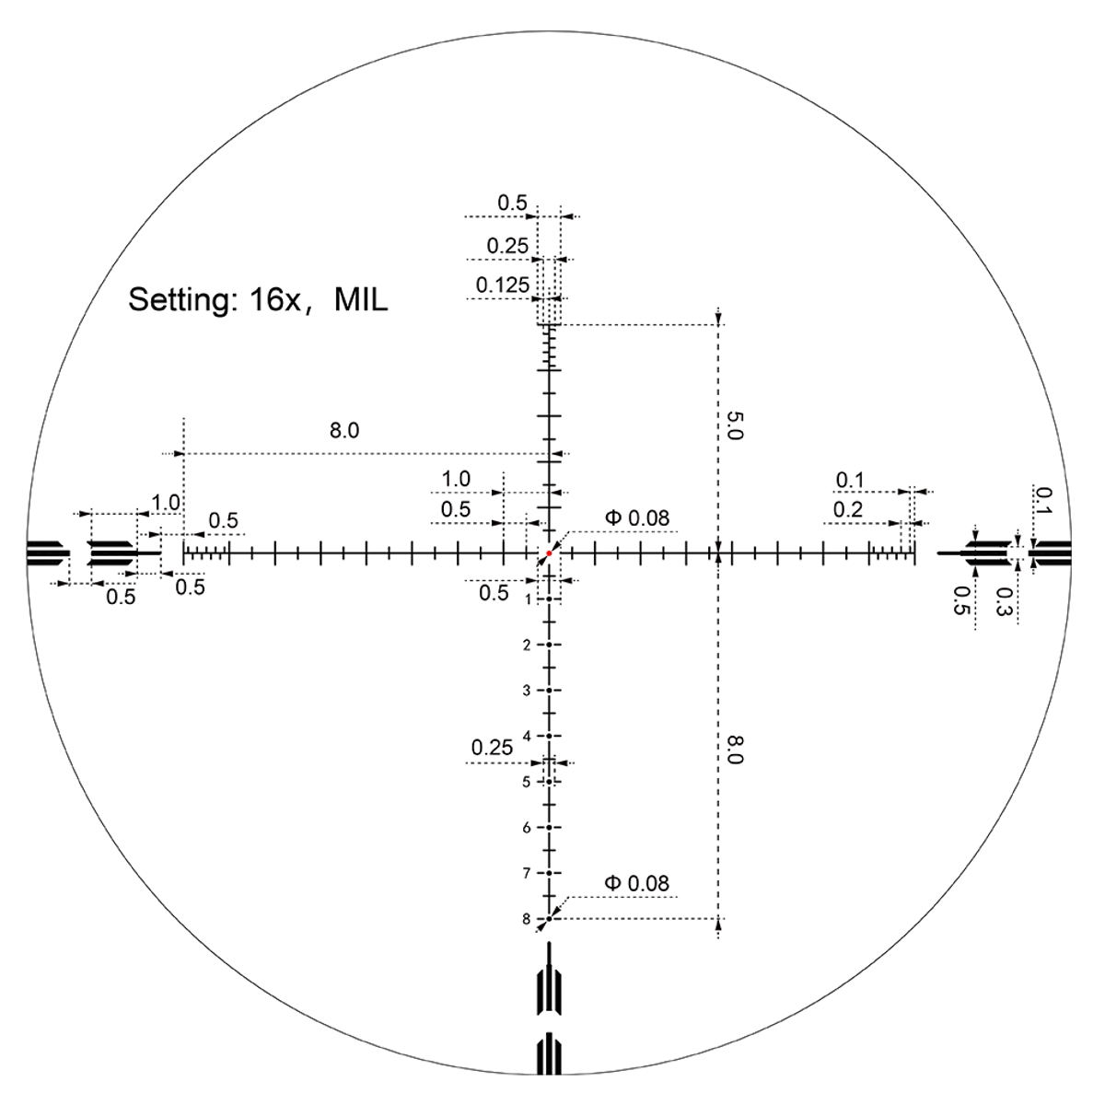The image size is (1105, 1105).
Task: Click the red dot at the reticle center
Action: (x=549, y=553)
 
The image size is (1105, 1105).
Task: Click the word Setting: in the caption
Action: (x=180, y=300)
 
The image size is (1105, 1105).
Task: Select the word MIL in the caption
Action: (x=361, y=300)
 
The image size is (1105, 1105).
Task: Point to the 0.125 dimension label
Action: (x=503, y=285)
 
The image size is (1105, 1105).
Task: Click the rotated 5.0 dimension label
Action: (x=734, y=425)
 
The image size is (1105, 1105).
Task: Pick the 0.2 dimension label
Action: (x=848, y=509)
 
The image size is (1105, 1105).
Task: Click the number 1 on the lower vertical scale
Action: (x=527, y=600)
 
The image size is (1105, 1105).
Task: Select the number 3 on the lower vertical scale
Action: (x=527, y=691)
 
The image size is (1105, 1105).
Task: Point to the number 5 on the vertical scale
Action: (x=527, y=782)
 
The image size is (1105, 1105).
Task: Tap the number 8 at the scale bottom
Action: (x=527, y=919)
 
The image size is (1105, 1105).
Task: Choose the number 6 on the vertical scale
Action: (x=527, y=828)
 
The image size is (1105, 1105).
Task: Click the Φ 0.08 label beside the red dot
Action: (x=636, y=518)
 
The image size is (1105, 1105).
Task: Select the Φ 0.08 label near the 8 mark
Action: (x=636, y=884)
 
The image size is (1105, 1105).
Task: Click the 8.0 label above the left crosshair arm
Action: (x=343, y=430)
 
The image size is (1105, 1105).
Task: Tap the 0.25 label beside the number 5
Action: (x=492, y=748)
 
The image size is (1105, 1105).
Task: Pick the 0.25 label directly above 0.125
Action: (x=507, y=246)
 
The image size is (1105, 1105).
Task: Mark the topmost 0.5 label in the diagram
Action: (x=512, y=202)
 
